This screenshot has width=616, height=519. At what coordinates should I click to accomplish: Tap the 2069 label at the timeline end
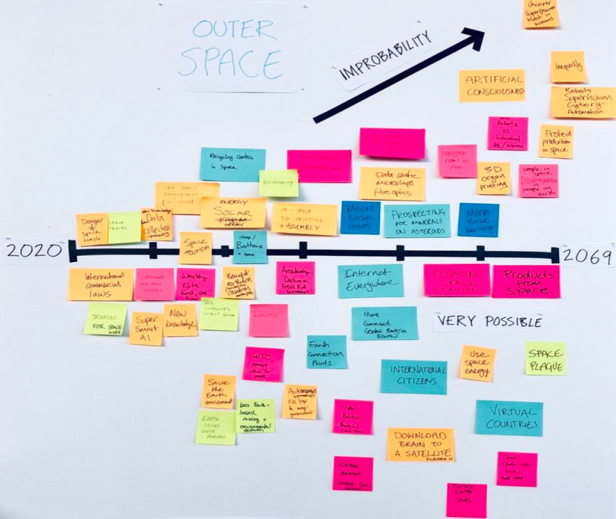click(x=587, y=256)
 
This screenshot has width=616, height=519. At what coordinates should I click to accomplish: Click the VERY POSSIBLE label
click(x=489, y=321)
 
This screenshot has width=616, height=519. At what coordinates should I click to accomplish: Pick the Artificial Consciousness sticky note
click(x=492, y=85)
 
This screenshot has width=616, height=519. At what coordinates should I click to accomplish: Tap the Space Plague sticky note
click(x=545, y=359)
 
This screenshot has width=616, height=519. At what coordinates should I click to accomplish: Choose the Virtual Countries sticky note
click(x=509, y=417)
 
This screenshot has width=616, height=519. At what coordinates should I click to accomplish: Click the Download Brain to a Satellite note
click(x=421, y=444)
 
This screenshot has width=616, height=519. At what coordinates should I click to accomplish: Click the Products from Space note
click(x=526, y=281)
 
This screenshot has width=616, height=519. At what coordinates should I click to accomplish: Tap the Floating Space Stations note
click(x=457, y=280)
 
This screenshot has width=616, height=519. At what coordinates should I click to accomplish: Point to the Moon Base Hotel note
click(x=360, y=218)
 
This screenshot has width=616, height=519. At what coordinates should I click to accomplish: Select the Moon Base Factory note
click(x=478, y=219)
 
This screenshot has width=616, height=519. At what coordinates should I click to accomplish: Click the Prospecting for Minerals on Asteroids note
click(x=417, y=221)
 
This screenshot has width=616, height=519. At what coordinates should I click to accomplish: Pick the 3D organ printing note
click(x=494, y=178)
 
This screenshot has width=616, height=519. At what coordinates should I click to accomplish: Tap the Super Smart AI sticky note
click(x=146, y=328)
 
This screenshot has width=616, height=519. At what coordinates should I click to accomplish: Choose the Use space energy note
click(x=478, y=363)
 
